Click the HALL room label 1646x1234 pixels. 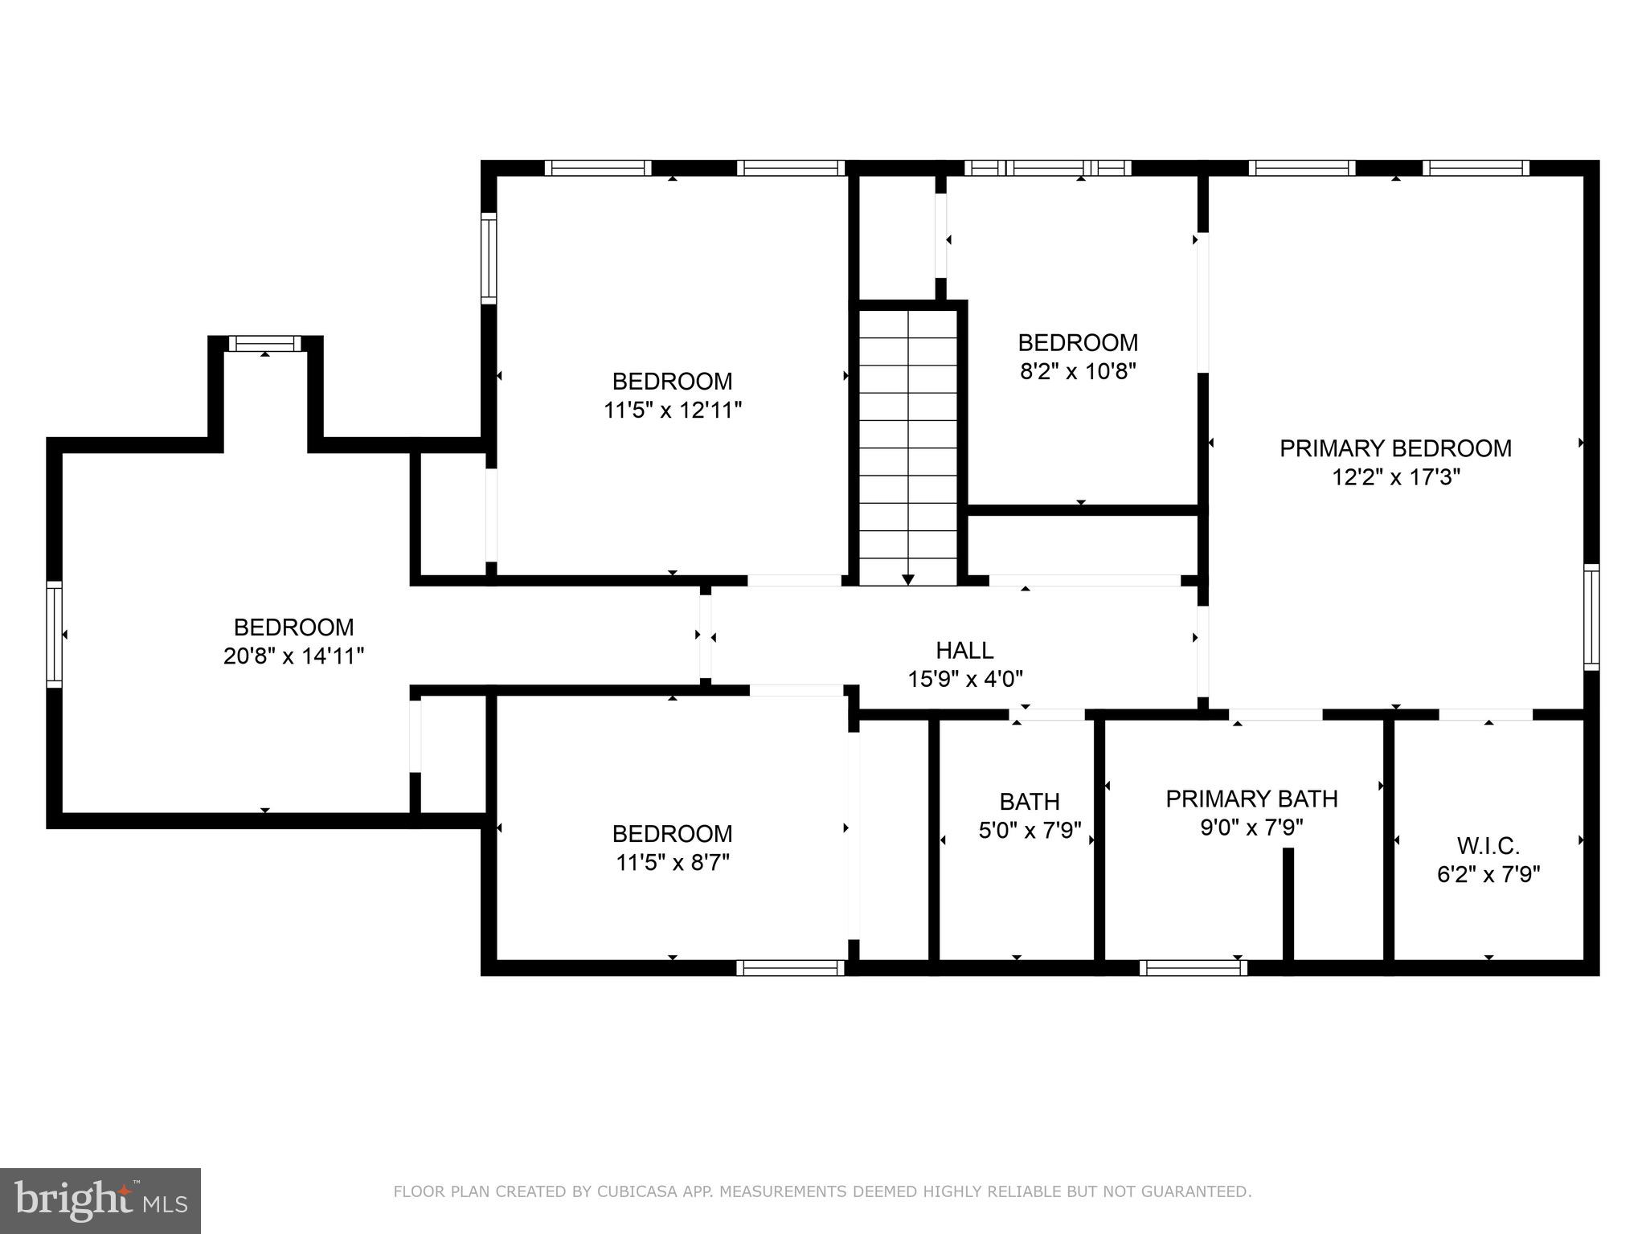click(x=964, y=650)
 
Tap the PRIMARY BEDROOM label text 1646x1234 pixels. click(x=1395, y=448)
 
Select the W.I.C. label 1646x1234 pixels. click(x=1488, y=846)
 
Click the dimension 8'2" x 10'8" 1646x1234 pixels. click(x=1078, y=372)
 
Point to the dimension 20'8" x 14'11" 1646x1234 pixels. click(x=293, y=656)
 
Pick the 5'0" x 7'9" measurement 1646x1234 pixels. click(x=1030, y=830)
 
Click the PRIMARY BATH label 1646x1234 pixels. click(x=1251, y=799)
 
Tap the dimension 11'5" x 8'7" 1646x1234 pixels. click(x=673, y=862)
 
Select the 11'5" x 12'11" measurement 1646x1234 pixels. click(x=673, y=411)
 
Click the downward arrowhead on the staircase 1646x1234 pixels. click(x=908, y=579)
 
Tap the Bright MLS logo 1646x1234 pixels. click(x=100, y=1201)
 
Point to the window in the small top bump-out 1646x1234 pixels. click(x=265, y=344)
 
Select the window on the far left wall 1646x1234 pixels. click(x=54, y=634)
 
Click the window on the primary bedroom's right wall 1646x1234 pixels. click(x=1591, y=617)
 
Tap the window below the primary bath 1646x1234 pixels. click(x=1194, y=968)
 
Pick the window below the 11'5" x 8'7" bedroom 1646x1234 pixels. click(x=791, y=968)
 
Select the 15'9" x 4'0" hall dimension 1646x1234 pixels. click(x=965, y=679)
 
